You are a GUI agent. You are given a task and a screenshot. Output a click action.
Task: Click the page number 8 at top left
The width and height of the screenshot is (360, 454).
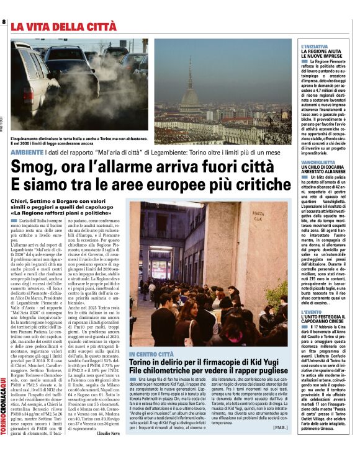click(4, 23)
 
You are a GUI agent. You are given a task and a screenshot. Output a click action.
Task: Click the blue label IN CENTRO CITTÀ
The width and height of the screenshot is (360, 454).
click(151, 353)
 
